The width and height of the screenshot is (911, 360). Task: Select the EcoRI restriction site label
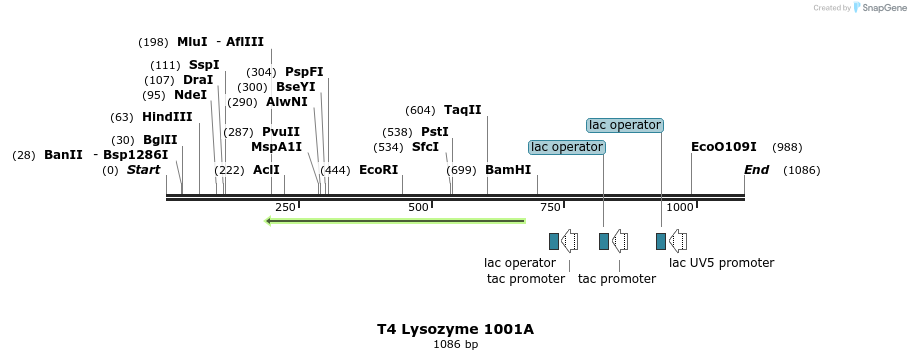click(378, 170)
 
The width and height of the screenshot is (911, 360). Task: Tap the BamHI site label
click(508, 170)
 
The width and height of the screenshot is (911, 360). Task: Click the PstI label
click(434, 132)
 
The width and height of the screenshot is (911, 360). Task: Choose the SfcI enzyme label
click(425, 147)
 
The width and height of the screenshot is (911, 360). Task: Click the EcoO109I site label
click(724, 147)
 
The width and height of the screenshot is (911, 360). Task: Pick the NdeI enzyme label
click(190, 95)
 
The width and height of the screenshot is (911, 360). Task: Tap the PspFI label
click(304, 72)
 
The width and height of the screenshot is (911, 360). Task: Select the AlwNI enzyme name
click(287, 102)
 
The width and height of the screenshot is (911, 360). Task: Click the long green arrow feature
click(395, 221)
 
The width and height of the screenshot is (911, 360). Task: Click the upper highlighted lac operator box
click(625, 125)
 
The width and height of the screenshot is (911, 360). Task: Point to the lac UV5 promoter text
click(721, 263)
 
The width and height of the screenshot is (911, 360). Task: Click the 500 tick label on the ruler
click(419, 207)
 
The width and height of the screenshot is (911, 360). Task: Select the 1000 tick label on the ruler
click(680, 207)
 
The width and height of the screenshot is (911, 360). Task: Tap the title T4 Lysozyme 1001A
click(455, 328)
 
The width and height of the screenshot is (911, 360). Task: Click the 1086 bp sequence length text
click(455, 344)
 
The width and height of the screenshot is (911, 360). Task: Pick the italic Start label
click(143, 170)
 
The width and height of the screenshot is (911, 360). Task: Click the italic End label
click(756, 170)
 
